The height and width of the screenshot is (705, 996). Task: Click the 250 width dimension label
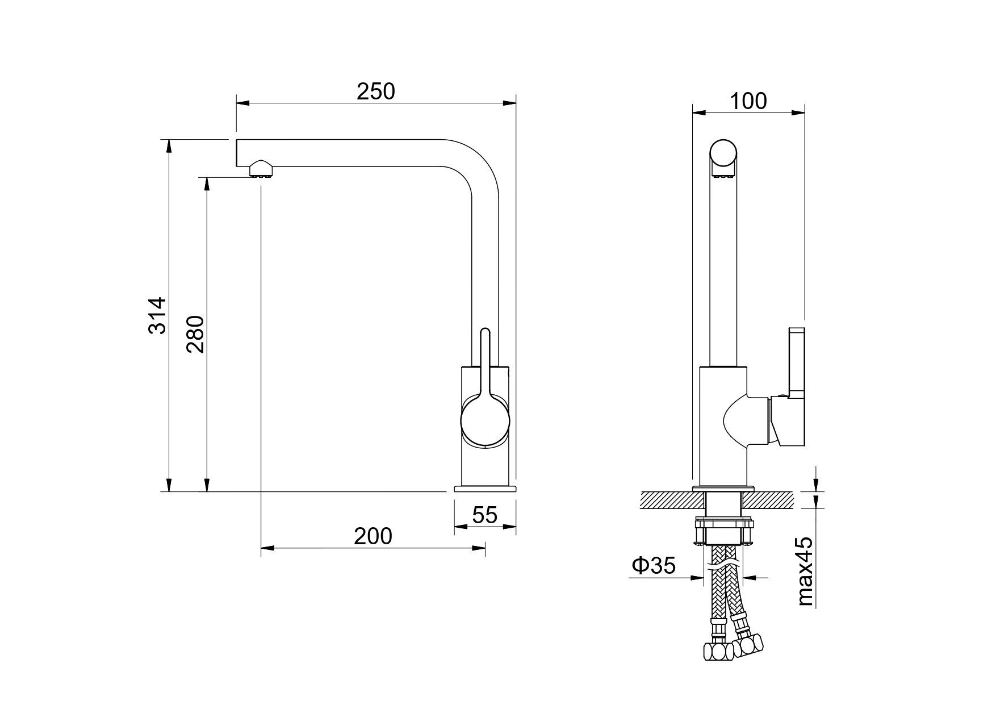[x=375, y=91]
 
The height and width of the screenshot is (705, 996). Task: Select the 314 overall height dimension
[x=157, y=315]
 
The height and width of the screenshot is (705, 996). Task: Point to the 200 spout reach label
[x=373, y=536]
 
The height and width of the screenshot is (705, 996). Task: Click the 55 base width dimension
[x=485, y=515]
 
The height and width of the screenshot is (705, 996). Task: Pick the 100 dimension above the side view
[x=748, y=101]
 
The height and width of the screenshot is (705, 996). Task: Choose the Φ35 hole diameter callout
[x=654, y=565]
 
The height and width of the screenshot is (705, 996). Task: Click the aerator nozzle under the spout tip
[x=262, y=169]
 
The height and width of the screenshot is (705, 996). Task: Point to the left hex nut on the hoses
[x=718, y=651]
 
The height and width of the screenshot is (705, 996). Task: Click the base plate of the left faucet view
[x=485, y=488]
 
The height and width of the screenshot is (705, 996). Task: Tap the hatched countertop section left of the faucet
[x=672, y=500]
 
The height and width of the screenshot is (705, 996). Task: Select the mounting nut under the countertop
[x=724, y=531]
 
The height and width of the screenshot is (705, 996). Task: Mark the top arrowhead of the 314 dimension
[x=169, y=146]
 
